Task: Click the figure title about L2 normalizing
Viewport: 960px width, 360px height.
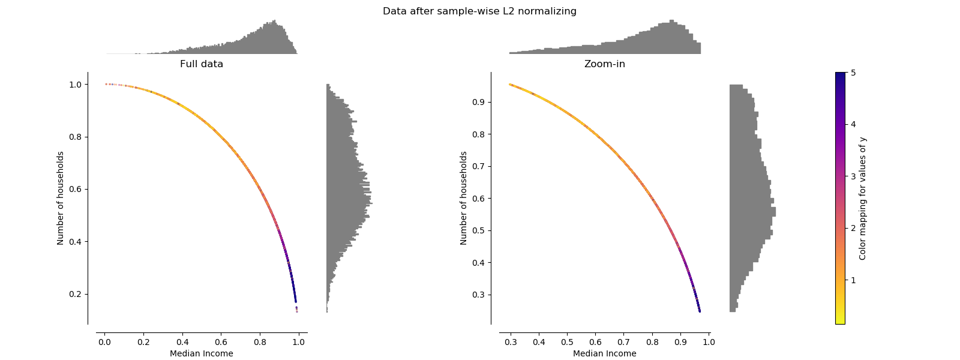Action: point(479,11)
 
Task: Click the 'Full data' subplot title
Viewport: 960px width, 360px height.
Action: point(202,64)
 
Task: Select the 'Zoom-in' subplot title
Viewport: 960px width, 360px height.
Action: point(604,64)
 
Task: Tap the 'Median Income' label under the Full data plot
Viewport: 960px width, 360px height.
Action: point(202,353)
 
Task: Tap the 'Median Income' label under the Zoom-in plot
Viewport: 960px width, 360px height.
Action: point(604,353)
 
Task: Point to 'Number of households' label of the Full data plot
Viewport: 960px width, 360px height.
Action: point(61,198)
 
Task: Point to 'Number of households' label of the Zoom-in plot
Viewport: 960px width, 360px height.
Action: point(464,198)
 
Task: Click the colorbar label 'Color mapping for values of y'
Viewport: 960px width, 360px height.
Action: point(863,198)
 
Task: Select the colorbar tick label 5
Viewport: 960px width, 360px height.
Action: point(853,73)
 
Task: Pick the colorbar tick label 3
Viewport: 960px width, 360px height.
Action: point(853,176)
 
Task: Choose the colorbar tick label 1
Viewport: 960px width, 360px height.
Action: point(853,280)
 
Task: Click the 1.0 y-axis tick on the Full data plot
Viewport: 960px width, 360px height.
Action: point(74,85)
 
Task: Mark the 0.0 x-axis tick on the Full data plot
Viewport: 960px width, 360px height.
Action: point(104,342)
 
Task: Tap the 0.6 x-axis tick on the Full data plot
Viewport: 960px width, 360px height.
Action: point(221,342)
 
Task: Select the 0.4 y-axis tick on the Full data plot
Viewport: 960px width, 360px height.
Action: point(74,242)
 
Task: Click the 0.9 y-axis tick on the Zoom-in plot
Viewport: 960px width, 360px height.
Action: point(478,102)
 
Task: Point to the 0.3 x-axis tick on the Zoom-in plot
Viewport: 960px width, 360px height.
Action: point(511,342)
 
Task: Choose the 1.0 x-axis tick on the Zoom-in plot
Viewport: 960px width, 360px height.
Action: point(709,342)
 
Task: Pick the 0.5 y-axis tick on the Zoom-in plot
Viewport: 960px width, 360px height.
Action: point(478,230)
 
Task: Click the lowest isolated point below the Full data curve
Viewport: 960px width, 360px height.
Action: point(296,311)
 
